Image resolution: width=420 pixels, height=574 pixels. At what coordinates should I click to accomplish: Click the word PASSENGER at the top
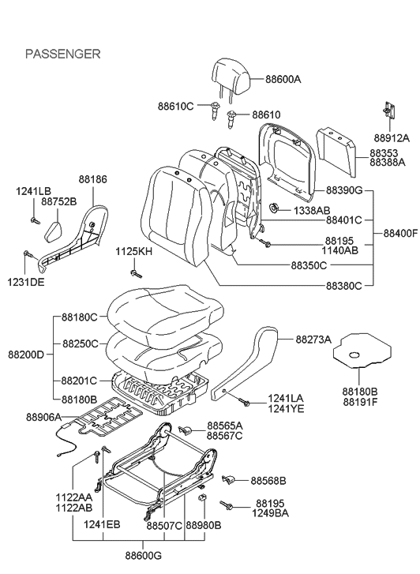click(63, 54)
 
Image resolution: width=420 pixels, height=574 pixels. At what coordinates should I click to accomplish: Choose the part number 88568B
click(268, 480)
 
